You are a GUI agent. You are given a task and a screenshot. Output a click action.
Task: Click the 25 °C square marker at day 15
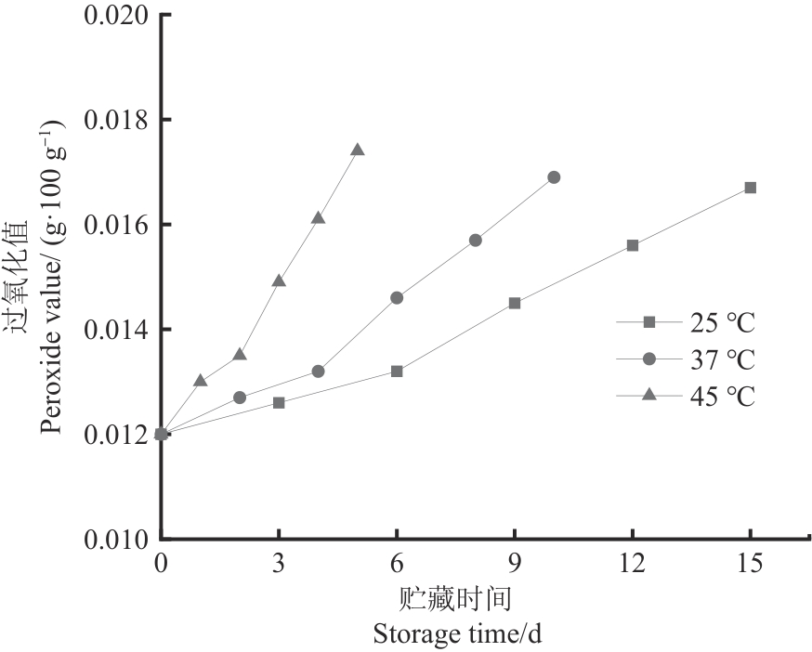tap(751, 188)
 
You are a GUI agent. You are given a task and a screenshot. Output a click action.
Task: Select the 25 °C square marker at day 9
tap(515, 303)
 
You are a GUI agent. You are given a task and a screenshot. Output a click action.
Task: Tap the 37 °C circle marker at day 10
tap(554, 177)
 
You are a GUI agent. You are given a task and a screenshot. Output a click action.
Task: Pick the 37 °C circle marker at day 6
tap(397, 298)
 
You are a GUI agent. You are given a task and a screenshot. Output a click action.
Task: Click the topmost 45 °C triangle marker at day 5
tap(358, 150)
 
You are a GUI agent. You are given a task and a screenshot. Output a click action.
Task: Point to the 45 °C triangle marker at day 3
tap(279, 280)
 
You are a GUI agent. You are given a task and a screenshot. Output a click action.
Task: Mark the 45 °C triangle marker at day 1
tap(201, 380)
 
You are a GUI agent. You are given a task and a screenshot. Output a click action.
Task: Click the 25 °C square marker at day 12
tap(633, 245)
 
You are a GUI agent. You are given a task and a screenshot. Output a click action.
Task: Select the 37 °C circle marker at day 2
tap(240, 398)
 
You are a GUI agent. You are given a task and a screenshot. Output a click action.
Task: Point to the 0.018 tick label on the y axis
tap(115, 121)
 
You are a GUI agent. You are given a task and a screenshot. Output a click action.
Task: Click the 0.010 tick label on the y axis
tap(115, 539)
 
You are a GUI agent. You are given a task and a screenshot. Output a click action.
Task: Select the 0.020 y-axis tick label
tap(115, 17)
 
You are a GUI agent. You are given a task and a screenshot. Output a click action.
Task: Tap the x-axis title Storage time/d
tap(457, 634)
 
